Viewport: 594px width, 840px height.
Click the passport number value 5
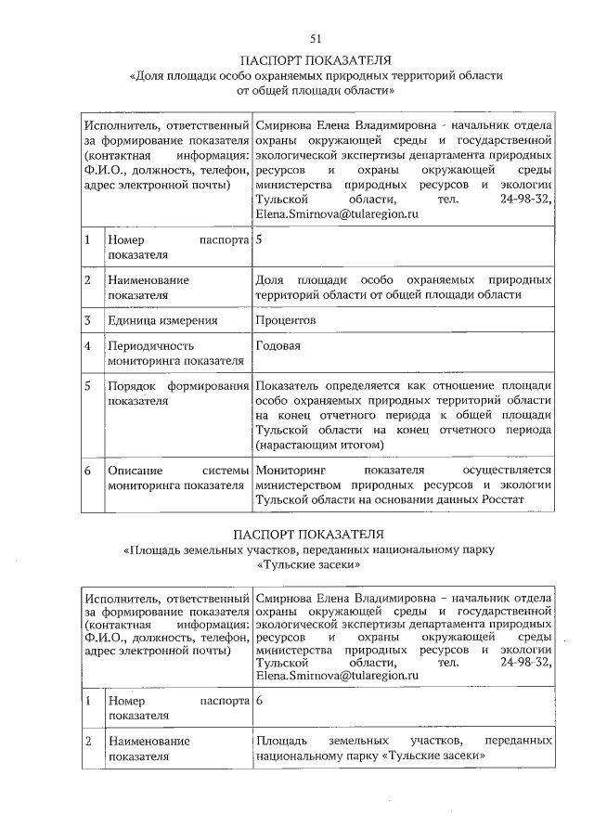[x=259, y=240]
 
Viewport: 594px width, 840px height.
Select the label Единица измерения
[x=162, y=320]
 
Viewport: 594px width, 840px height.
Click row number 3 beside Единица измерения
[x=86, y=320]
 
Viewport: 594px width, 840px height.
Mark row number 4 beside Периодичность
[x=86, y=346]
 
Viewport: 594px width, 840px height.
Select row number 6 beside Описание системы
[x=86, y=471]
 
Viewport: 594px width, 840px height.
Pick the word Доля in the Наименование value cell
[x=269, y=279]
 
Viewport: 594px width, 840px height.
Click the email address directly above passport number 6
[x=337, y=677]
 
